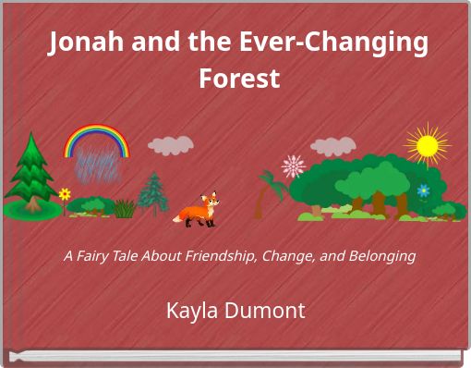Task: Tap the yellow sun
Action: coord(427,146)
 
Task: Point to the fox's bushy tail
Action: coord(182,217)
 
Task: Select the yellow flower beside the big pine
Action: coord(65,194)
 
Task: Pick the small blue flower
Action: coord(423,190)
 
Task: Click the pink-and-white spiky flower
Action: coord(294,166)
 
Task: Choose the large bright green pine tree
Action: coord(30,176)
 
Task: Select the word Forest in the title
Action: coord(239,80)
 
